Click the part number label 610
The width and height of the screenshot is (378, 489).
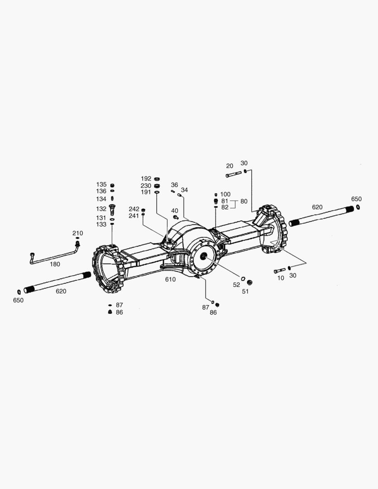[170, 279]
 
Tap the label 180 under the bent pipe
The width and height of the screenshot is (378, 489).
[55, 264]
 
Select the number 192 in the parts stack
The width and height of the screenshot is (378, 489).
[146, 179]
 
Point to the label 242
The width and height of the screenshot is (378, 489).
[134, 209]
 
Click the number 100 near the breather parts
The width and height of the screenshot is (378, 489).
[225, 194]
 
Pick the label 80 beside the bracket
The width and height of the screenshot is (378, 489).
[244, 201]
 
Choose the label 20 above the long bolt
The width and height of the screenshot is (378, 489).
[230, 166]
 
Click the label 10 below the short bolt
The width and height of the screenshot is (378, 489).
[281, 278]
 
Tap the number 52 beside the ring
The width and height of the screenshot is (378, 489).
[236, 285]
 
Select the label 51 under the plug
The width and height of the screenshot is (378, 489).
[245, 292]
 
